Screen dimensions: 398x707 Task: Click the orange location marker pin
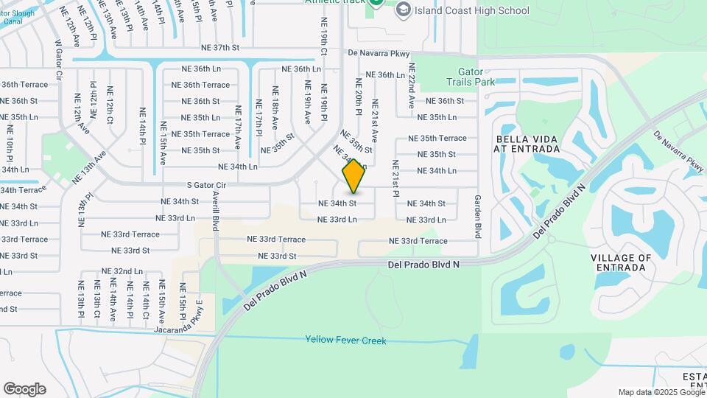pyautogui.click(x=353, y=175)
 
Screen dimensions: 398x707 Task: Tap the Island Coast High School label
pyautogui.click(x=472, y=10)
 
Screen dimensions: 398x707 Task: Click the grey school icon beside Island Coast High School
pyautogui.click(x=403, y=10)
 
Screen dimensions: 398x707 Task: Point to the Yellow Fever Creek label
pyautogui.click(x=345, y=341)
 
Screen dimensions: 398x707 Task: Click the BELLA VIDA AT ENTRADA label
pyautogui.click(x=528, y=144)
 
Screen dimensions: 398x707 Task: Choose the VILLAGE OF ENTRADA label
pyautogui.click(x=621, y=262)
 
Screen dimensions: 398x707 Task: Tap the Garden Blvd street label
pyautogui.click(x=478, y=216)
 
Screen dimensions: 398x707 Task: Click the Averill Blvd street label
pyautogui.click(x=216, y=210)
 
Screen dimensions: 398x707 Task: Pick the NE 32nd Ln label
pyautogui.click(x=122, y=271)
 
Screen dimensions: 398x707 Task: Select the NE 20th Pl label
pyautogui.click(x=359, y=96)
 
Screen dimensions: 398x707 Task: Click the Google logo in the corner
pyautogui.click(x=24, y=389)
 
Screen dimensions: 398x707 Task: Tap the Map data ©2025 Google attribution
pyautogui.click(x=661, y=393)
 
